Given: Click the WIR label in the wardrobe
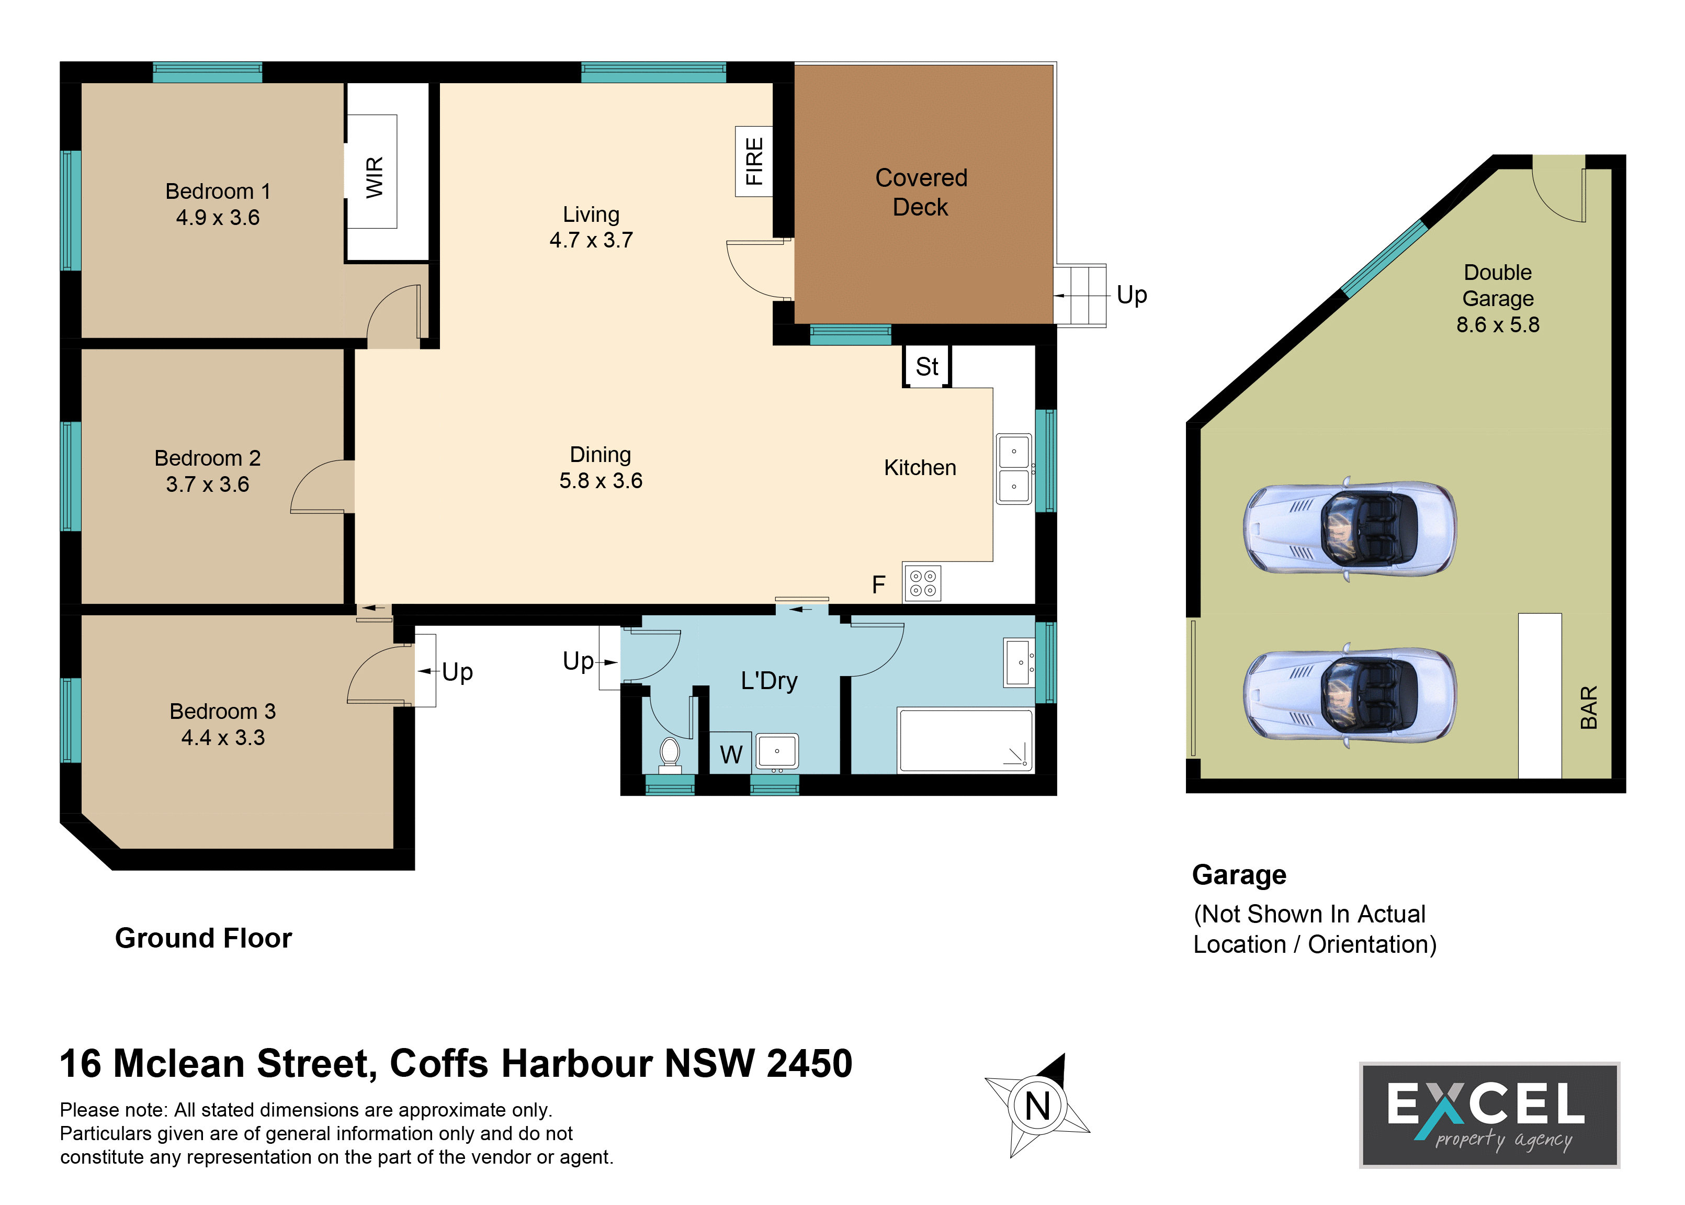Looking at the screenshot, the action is [375, 177].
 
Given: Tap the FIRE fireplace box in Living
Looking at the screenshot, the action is [753, 161].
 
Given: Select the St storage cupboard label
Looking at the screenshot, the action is [927, 367].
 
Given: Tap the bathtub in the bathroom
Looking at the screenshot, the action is [965, 740].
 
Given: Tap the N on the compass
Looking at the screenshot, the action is [1037, 1106].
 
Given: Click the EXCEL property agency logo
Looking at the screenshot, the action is [1489, 1114].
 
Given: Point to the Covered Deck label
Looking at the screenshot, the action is [921, 192].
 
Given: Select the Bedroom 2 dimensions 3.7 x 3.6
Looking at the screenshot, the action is [208, 485].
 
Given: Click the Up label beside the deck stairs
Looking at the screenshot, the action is [1132, 295].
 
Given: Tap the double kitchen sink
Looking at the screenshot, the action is [1014, 469].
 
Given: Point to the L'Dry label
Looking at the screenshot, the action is [769, 680].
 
